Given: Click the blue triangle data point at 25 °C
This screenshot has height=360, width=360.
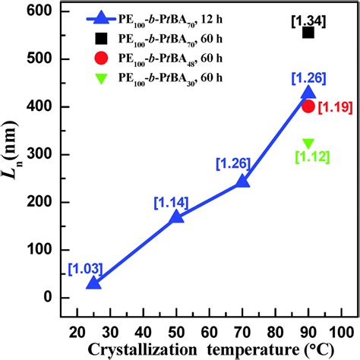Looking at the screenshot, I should (x=94, y=283).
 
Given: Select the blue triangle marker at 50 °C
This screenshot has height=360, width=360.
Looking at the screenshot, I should (x=176, y=216).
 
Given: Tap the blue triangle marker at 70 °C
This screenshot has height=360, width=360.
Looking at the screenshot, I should (x=243, y=181).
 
